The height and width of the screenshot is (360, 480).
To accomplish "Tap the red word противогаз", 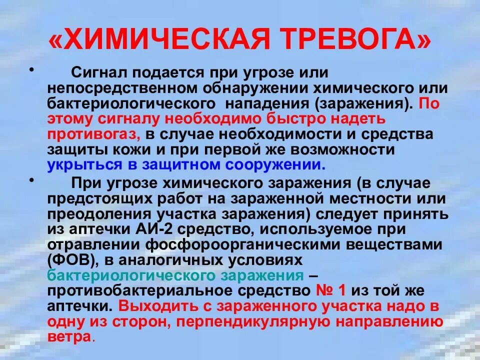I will (x=93, y=134).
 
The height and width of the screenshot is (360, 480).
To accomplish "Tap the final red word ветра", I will (x=70, y=337).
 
